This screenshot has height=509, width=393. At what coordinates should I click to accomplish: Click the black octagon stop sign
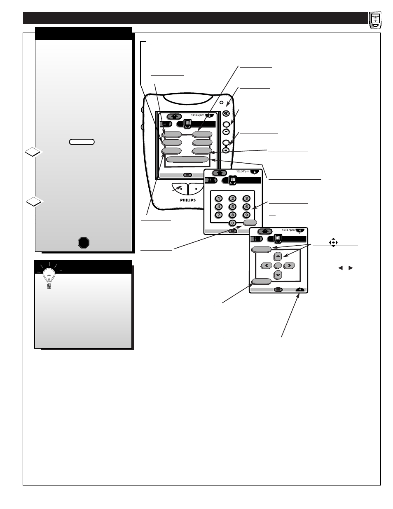coord(84,242)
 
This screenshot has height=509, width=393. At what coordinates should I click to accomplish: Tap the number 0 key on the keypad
coord(232,223)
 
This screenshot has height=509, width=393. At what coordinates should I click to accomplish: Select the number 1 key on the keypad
coord(219,198)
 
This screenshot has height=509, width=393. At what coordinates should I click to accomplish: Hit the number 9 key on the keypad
coord(246,214)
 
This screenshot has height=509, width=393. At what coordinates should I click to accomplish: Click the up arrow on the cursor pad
coord(278,256)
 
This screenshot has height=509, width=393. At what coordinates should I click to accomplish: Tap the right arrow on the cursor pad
coord(290,265)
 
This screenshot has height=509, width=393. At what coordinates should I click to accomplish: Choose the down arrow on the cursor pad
coord(278,274)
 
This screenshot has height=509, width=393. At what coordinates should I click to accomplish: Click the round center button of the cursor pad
coord(278,265)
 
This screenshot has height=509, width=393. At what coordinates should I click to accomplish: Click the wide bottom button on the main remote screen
coord(187,160)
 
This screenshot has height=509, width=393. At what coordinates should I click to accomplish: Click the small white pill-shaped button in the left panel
coord(82,142)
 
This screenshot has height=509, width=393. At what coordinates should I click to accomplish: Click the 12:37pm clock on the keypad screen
coord(243,171)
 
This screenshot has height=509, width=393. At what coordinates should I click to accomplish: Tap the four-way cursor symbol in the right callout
coord(333,243)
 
